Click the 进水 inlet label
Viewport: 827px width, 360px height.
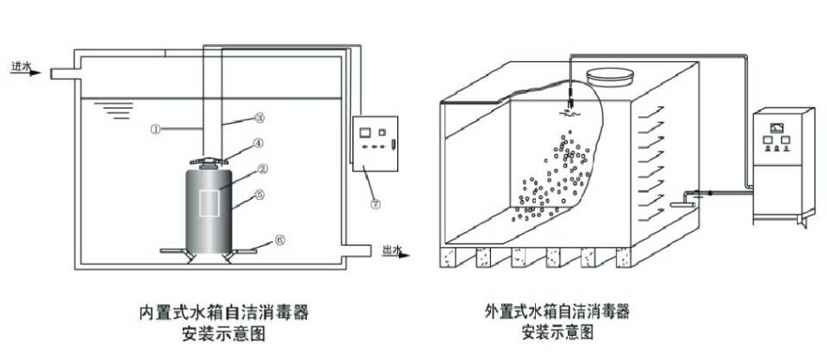(x=21, y=65)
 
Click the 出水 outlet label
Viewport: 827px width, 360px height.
(x=391, y=251)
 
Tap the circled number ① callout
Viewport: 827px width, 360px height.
(x=155, y=130)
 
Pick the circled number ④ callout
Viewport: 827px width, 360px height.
(x=258, y=144)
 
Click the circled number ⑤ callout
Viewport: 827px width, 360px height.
(x=259, y=196)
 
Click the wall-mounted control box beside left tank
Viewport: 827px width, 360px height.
(x=375, y=143)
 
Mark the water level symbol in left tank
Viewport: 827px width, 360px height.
(x=114, y=109)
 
